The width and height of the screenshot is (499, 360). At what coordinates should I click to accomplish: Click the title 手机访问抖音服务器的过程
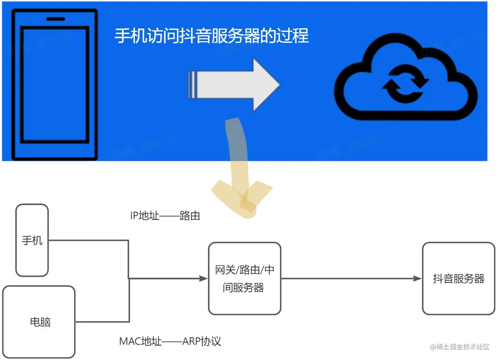pos(211,36)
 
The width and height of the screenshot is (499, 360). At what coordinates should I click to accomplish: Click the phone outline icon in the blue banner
pos(54,85)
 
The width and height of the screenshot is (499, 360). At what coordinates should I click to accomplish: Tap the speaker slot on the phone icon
pos(55,19)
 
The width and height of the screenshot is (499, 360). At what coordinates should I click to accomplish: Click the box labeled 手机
pos(32,240)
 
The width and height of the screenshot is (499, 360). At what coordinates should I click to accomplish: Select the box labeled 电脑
pos(39,321)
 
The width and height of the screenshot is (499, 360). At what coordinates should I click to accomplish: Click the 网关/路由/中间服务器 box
pos(245,278)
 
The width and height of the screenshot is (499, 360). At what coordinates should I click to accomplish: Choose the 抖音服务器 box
pos(459,278)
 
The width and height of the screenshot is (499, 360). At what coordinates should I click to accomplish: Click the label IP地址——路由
pos(165,215)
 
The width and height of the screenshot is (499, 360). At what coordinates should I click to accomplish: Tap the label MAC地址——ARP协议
pos(170,341)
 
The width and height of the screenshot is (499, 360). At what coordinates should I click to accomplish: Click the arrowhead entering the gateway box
pos(203,278)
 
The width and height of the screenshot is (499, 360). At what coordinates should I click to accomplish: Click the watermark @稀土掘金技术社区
pos(460,347)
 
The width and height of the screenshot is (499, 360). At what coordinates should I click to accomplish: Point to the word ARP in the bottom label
pos(191,341)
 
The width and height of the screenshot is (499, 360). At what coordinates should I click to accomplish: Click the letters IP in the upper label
pos(134,215)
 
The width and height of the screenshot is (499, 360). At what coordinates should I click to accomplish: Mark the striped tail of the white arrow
pos(192,85)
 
